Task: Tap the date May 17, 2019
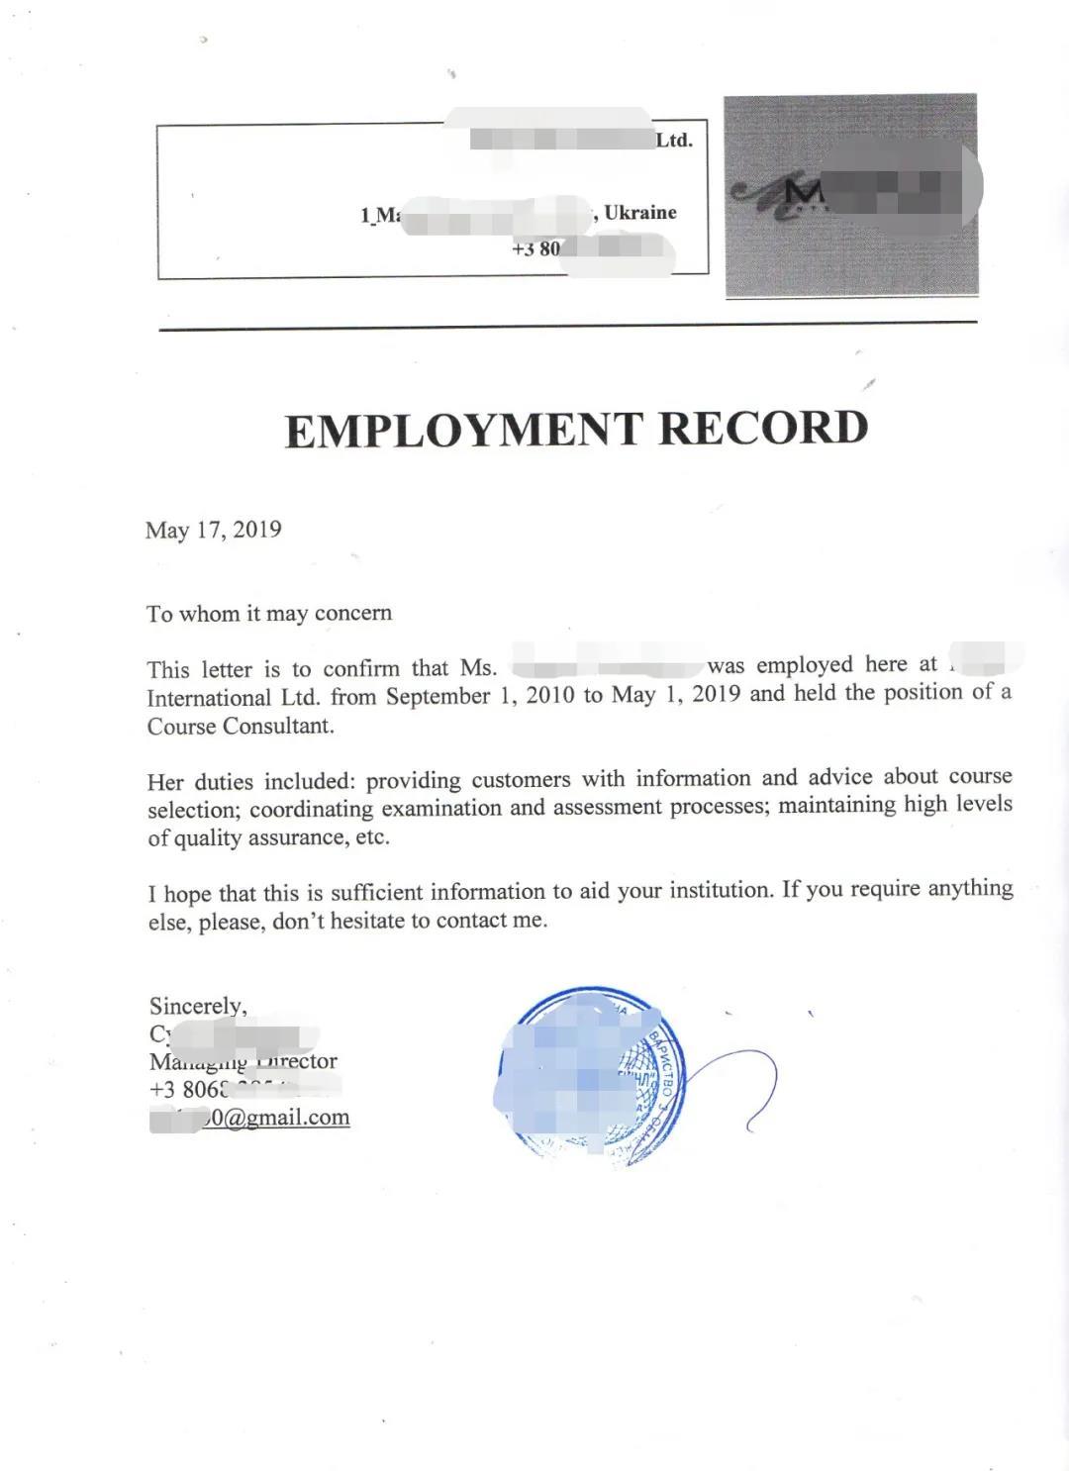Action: tap(213, 530)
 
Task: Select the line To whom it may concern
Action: tap(269, 614)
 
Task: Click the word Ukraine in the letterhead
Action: tap(640, 213)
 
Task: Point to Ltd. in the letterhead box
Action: tap(674, 141)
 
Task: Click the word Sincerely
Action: tap(198, 1006)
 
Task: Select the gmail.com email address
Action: tap(277, 1118)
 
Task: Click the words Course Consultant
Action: tap(241, 726)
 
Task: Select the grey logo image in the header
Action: tap(851, 196)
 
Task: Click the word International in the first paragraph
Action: tap(209, 697)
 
